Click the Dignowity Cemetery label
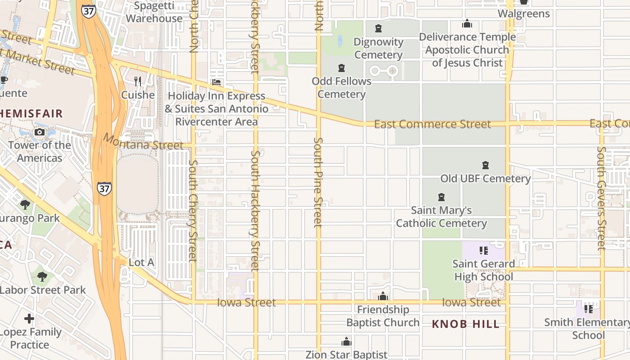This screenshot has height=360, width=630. (x=378, y=48)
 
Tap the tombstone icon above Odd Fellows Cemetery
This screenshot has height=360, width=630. (x=342, y=68)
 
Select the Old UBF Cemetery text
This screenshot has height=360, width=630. (x=485, y=179)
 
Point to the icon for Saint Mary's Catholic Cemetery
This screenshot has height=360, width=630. (x=441, y=197)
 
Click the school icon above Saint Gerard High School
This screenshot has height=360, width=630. (x=484, y=250)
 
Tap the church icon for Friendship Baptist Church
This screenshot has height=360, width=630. (x=383, y=296)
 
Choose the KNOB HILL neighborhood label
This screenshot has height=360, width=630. (x=465, y=324)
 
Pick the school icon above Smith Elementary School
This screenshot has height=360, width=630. (x=588, y=309)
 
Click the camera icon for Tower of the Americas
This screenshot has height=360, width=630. (x=40, y=132)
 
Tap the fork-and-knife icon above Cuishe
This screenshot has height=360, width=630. (x=138, y=81)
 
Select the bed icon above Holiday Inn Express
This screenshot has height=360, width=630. (x=216, y=83)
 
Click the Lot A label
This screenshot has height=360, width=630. (x=141, y=262)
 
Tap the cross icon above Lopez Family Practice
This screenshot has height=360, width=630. (x=29, y=319)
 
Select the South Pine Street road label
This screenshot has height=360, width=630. (x=318, y=182)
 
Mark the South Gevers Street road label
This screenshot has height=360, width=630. (x=602, y=198)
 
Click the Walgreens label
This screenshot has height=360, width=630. (x=523, y=13)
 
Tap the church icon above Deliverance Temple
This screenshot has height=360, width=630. (x=467, y=23)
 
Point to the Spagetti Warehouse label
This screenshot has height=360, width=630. (x=154, y=12)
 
